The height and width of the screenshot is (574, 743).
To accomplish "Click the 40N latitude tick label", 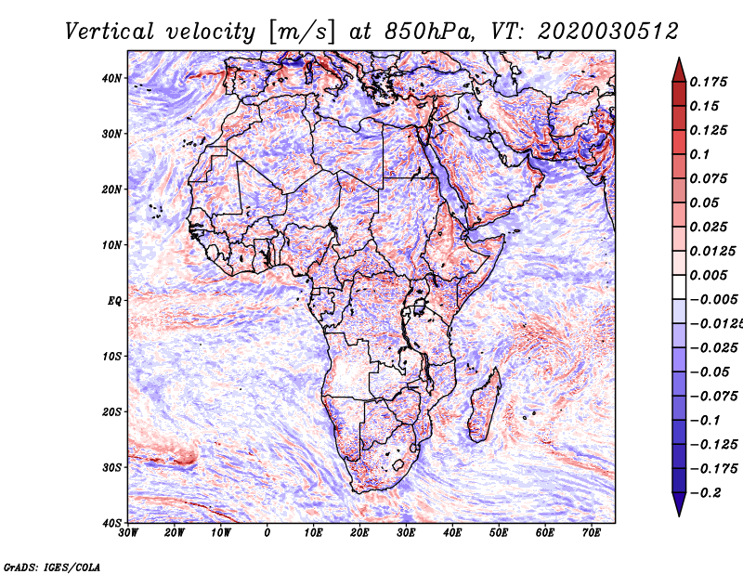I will [x=111, y=78].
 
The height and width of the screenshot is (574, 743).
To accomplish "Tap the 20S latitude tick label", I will [x=111, y=411].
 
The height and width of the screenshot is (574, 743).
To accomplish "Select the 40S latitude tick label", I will [x=111, y=522].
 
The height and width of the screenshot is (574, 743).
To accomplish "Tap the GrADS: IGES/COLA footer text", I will [x=52, y=566].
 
